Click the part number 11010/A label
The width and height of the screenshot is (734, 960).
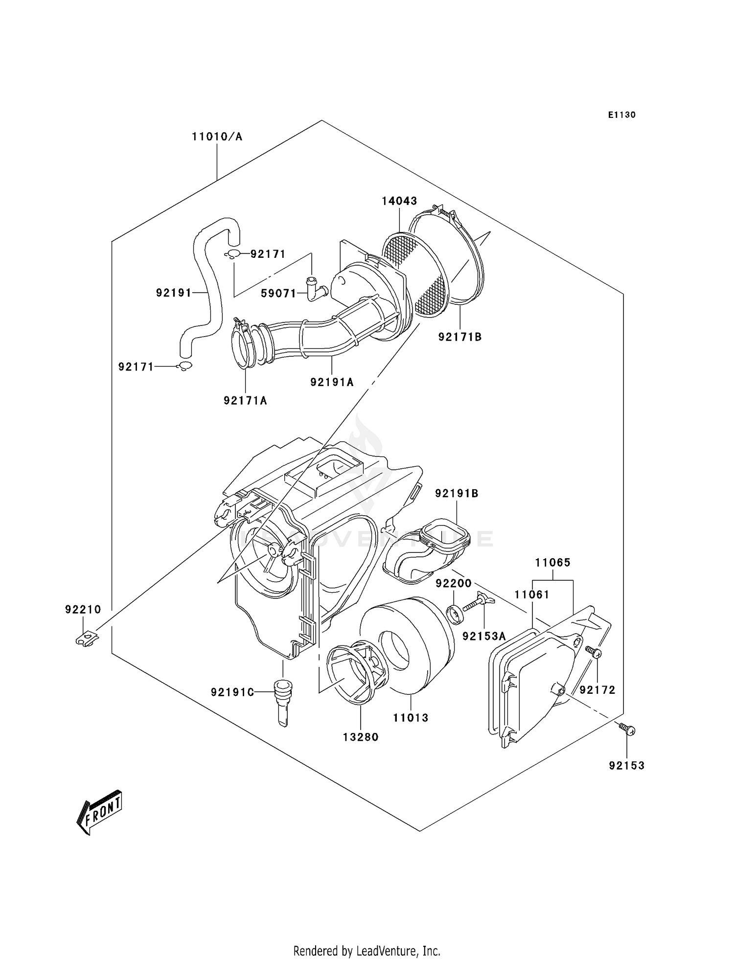(217, 137)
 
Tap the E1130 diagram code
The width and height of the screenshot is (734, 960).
(622, 115)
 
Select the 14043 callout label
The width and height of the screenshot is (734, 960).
(399, 201)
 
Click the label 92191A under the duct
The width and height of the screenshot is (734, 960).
(332, 382)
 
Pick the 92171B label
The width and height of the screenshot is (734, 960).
(460, 337)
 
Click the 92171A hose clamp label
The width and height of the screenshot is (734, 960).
(246, 401)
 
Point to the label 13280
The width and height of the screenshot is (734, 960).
(361, 737)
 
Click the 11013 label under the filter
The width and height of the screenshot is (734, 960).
(411, 718)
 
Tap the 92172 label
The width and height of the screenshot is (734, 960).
(597, 690)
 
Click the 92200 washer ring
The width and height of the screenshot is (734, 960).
(456, 614)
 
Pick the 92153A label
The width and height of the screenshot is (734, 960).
(484, 636)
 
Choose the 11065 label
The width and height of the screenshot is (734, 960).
(552, 563)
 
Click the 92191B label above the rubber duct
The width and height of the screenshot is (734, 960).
(457, 494)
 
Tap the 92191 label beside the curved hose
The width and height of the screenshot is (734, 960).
(174, 293)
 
